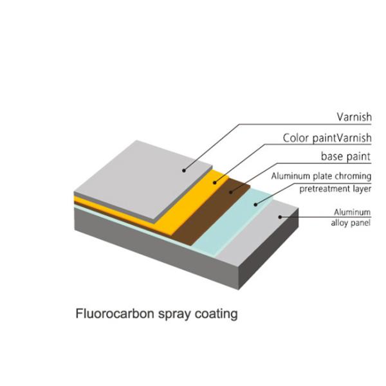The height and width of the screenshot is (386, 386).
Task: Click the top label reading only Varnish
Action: pos(354,117)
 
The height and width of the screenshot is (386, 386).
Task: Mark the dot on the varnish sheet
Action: pos(184,170)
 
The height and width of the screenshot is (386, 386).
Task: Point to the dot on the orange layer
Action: pos(216,183)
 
